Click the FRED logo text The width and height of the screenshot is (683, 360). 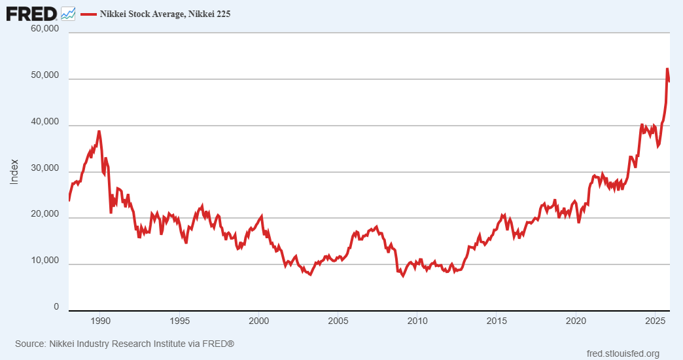[x=31, y=12]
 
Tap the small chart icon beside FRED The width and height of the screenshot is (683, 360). [x=67, y=13]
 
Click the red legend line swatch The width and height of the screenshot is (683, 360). [x=88, y=13]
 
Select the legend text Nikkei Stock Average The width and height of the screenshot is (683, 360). [x=164, y=13]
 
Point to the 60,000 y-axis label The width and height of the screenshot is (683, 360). [x=45, y=29]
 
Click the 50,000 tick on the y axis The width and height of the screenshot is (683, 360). [x=45, y=76]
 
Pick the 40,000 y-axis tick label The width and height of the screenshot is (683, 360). [x=45, y=122]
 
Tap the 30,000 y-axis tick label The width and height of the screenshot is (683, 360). [x=45, y=169]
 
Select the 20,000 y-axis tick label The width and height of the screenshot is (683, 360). [x=45, y=215]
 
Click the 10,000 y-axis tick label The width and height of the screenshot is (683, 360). [x=45, y=261]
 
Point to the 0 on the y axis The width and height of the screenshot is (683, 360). [x=56, y=307]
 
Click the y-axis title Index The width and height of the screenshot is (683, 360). [x=14, y=171]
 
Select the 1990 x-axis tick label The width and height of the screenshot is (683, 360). [x=100, y=321]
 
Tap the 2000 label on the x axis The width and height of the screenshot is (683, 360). [x=259, y=321]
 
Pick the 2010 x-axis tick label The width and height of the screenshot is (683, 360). [x=417, y=321]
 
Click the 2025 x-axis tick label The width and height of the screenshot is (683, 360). [x=655, y=321]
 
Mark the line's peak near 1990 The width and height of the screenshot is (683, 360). [x=99, y=131]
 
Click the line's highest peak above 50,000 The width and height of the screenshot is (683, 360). [x=667, y=69]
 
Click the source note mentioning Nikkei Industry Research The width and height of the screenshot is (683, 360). [x=124, y=344]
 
